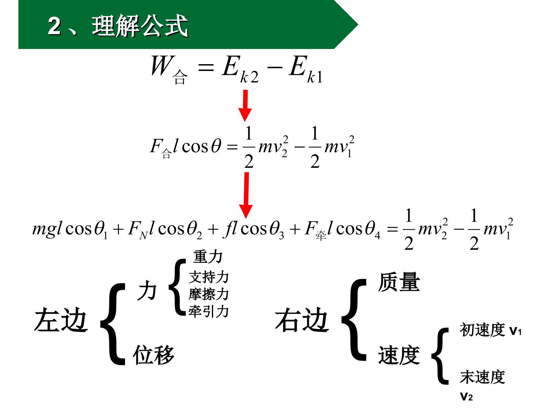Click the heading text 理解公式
(x=140, y=26)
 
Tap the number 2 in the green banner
(x=55, y=26)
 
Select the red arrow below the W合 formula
(x=245, y=106)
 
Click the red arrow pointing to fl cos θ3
(x=246, y=196)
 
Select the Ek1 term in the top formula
(x=306, y=69)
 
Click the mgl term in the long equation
(x=47, y=229)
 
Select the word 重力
(x=208, y=257)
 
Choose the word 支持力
(x=209, y=277)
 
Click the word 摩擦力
(x=209, y=294)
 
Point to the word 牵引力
(x=209, y=311)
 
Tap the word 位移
(x=153, y=355)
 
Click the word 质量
(x=399, y=282)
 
